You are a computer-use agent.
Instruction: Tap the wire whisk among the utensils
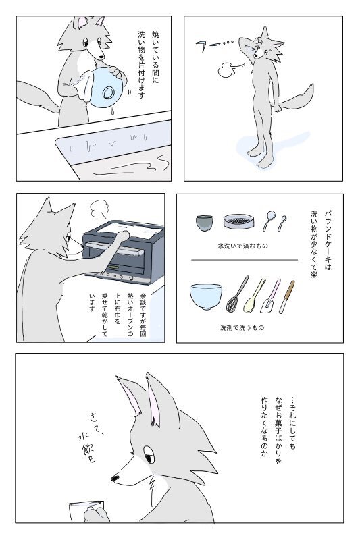[x=237, y=294]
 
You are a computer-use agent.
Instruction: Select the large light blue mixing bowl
[x=205, y=296]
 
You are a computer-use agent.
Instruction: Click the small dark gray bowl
[x=204, y=223]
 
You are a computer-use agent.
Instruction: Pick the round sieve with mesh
[x=238, y=221]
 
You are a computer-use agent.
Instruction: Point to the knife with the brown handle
[x=286, y=297]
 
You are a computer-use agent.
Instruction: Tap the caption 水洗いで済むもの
[x=242, y=246]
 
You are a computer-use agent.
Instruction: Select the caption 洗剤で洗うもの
[x=242, y=327]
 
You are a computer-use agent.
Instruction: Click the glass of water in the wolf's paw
[x=85, y=512]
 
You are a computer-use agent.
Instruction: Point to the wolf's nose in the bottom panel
[x=115, y=478]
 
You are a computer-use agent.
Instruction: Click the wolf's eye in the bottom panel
[x=149, y=459]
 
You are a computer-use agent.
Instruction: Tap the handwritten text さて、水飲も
[x=91, y=437]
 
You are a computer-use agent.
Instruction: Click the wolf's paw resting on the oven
[x=122, y=236]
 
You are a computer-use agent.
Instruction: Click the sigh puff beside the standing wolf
[x=226, y=70]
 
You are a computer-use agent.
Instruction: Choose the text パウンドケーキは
[x=328, y=240]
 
